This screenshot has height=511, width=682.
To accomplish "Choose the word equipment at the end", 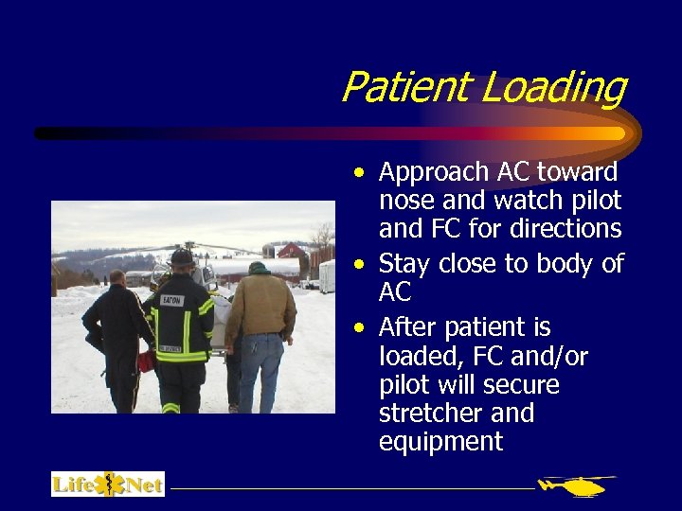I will [x=440, y=442].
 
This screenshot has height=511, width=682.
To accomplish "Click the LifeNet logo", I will [x=108, y=485].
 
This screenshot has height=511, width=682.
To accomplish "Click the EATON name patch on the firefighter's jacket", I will [x=170, y=300].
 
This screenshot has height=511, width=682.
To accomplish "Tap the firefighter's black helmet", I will [x=182, y=256].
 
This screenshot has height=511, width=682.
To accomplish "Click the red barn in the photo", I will [x=292, y=253].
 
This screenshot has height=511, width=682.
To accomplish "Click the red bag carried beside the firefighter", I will [x=145, y=360].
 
